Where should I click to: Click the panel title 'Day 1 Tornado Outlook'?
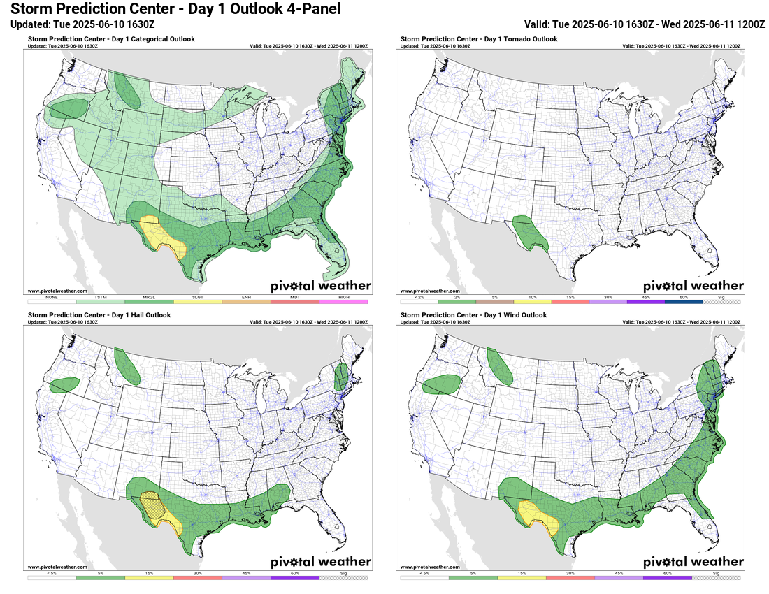(479, 39)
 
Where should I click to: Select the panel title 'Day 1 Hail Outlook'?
(99, 315)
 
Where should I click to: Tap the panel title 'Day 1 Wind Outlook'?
(472, 315)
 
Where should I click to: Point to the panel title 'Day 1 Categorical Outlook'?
(111, 39)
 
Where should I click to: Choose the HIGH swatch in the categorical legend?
(343, 301)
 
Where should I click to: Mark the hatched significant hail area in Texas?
(152, 504)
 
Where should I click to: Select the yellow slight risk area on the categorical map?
(165, 238)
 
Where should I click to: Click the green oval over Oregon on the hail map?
(65, 384)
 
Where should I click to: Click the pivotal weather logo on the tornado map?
(693, 285)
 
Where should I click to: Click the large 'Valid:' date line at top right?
(644, 24)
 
